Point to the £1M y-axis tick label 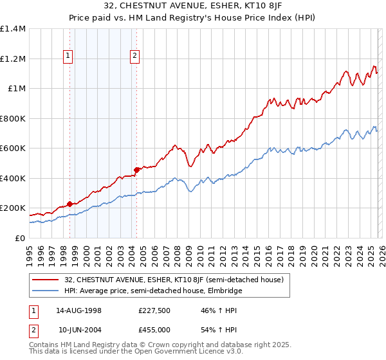(x=17, y=89)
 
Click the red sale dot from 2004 (x=136, y=170)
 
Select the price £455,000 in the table (x=154, y=330)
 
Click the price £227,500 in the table (x=154, y=310)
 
